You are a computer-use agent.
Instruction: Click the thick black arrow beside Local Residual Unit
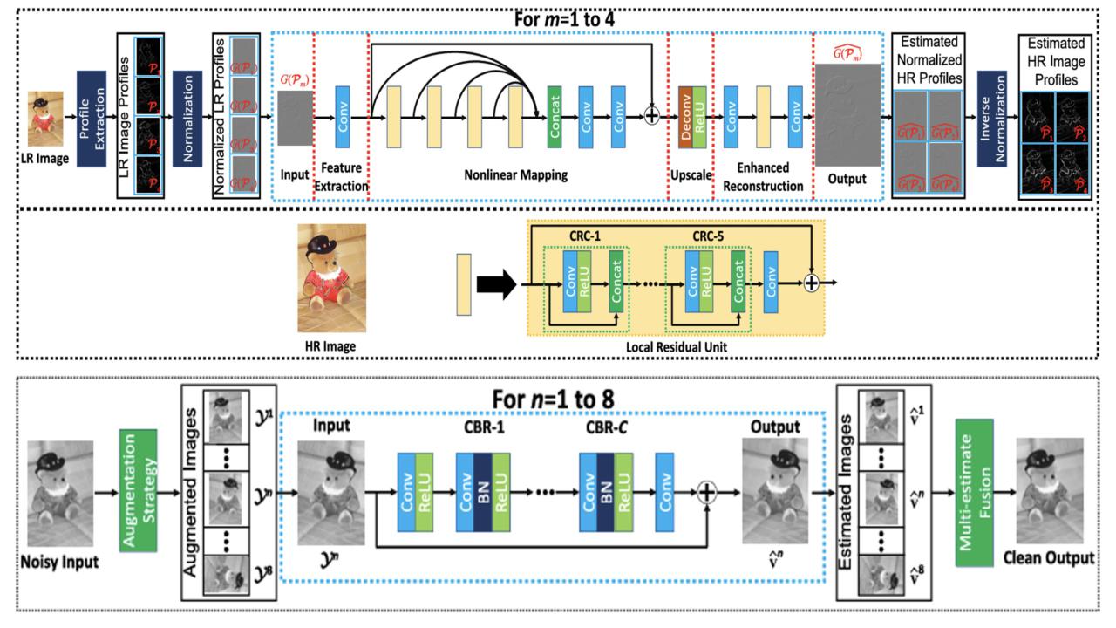point(495,283)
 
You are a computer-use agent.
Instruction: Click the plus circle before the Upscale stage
point(650,117)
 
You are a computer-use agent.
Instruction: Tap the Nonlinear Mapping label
point(517,175)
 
